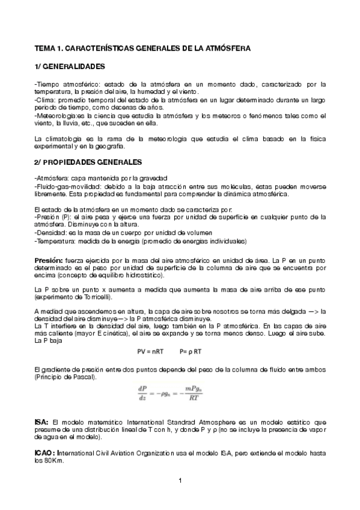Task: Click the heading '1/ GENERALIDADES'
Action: point(70,65)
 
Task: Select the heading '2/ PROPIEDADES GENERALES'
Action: point(88,162)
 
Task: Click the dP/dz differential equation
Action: point(180,392)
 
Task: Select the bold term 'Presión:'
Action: point(49,259)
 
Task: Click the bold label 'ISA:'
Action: point(41,423)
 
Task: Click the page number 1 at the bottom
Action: point(180,480)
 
